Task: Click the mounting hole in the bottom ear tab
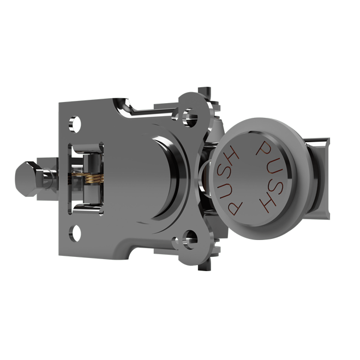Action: coord(190,237)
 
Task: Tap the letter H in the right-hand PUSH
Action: coord(268,204)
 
